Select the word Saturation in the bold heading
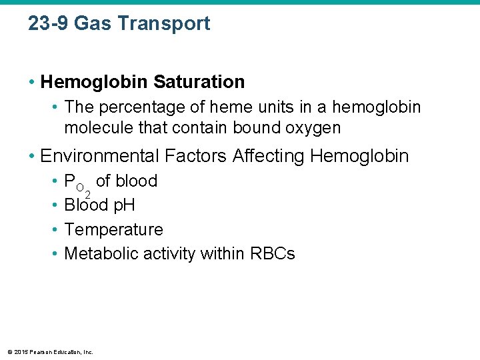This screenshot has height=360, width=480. point(199,82)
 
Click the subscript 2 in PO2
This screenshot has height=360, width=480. point(87,193)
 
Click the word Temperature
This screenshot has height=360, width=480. point(113,229)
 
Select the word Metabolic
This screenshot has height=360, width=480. point(97,253)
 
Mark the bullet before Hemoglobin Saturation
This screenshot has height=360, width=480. point(31,82)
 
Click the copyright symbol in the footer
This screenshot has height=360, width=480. point(9,351)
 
